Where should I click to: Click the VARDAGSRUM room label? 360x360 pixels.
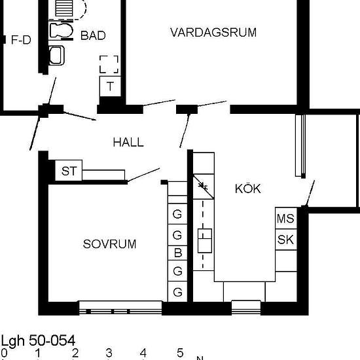213,32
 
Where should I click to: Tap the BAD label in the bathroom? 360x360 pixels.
93,35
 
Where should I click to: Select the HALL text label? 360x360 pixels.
128,142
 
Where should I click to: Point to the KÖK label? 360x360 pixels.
247,189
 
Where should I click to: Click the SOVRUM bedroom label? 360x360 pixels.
109,244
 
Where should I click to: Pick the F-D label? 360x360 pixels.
21,40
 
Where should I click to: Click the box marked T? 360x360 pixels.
110,86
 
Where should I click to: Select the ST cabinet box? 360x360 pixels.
69,170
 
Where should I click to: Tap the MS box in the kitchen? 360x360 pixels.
286,218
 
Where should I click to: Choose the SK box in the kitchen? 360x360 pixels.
286,240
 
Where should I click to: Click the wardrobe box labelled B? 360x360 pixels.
177,253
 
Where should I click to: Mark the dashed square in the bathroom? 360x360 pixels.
109,65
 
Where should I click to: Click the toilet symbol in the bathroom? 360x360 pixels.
61,31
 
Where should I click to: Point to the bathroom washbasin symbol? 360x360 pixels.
57,56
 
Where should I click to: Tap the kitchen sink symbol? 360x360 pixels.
205,241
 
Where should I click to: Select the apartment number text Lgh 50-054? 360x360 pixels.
38,340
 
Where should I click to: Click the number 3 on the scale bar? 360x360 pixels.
109,353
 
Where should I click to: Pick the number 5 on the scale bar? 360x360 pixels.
180,353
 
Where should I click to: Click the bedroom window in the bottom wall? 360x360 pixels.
120,308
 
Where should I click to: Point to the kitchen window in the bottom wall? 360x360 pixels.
246,308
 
